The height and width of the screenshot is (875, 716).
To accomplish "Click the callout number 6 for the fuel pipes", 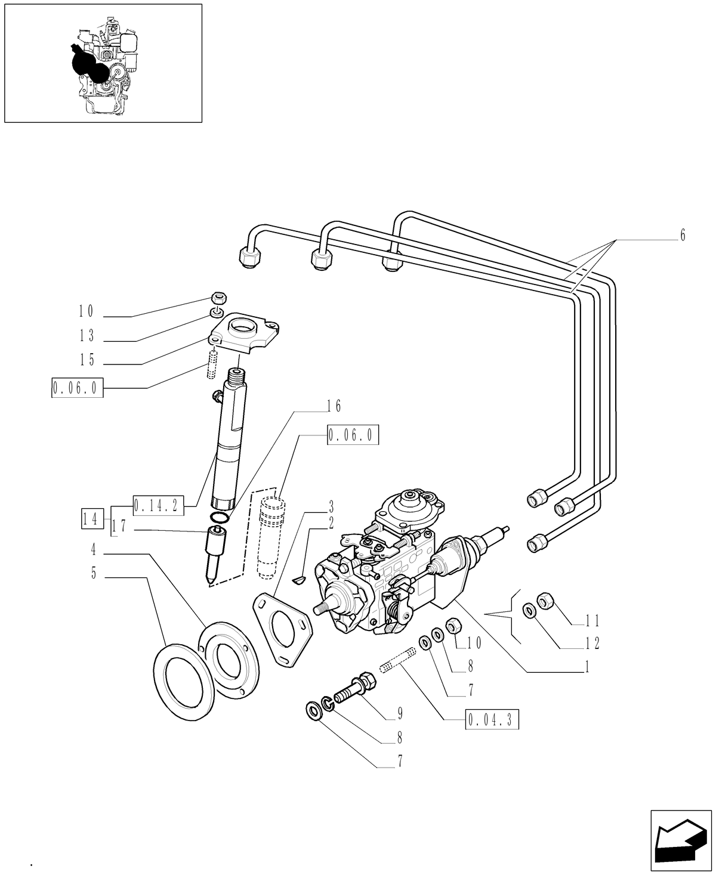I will (x=683, y=236).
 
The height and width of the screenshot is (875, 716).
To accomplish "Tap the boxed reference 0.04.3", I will (x=491, y=720).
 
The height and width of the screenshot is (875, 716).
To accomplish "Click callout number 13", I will (x=87, y=336).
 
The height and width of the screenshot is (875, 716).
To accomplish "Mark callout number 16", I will (x=334, y=407).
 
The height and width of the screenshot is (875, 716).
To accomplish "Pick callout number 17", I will (x=119, y=525).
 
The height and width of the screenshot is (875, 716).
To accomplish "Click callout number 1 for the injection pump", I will (x=587, y=667).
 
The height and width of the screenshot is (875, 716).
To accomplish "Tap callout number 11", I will (x=592, y=620).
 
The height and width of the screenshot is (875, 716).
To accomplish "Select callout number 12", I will (x=592, y=644).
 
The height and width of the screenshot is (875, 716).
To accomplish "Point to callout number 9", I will (x=400, y=713).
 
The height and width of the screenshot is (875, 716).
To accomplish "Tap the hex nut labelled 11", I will (x=545, y=600).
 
